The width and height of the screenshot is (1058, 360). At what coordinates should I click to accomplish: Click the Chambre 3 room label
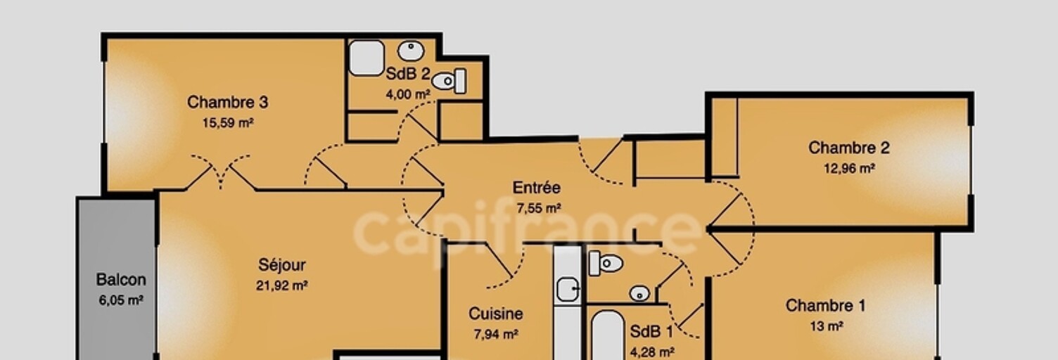[228, 102]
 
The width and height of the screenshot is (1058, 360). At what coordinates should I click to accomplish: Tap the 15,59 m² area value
[228, 123]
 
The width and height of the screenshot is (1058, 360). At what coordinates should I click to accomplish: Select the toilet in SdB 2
[450, 81]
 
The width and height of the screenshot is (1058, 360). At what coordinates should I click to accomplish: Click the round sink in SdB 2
[411, 51]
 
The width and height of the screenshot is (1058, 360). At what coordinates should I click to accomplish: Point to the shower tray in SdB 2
[367, 58]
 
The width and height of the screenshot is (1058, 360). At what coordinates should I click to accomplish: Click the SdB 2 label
[408, 74]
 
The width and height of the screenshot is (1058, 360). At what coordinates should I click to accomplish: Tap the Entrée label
[537, 188]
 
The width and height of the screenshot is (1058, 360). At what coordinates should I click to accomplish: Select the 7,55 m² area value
[539, 208]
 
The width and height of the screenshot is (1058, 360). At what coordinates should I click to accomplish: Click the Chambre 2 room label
[849, 148]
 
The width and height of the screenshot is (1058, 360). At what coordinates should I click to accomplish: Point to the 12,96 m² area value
[850, 169]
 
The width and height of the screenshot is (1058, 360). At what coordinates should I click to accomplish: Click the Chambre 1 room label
[826, 306]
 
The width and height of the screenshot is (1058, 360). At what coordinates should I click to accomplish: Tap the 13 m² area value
[827, 326]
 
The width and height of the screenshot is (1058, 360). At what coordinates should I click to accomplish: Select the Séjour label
[282, 265]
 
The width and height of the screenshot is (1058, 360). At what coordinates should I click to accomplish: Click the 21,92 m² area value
[282, 285]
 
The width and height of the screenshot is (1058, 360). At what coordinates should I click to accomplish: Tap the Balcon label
[121, 280]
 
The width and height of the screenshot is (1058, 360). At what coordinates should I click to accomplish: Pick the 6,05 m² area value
[121, 300]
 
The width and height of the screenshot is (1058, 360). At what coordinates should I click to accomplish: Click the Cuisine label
[496, 314]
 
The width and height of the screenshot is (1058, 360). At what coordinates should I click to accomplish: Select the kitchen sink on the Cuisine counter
[567, 289]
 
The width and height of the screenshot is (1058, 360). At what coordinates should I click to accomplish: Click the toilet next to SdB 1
[606, 263]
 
